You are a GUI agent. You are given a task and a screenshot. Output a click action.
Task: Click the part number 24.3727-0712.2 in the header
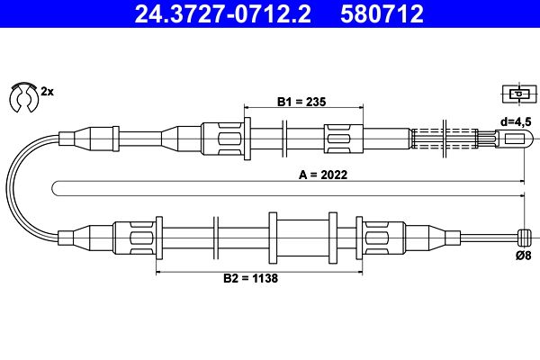click(223, 13)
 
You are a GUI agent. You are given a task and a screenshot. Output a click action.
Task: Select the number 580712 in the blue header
click(382, 13)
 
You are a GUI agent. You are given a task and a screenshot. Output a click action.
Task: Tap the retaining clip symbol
click(23, 97)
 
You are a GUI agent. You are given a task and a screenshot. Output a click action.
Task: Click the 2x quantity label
click(47, 92)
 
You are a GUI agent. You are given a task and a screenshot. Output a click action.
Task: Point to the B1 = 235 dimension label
click(301, 102)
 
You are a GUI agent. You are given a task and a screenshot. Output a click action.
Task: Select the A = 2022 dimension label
click(323, 175)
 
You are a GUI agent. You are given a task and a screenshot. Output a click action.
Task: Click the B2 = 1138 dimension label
click(250, 278)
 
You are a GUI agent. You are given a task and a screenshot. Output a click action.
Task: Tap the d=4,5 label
click(516, 121)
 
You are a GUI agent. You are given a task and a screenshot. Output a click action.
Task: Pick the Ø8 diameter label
click(524, 256)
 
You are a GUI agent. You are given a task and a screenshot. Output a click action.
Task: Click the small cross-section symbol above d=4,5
click(519, 94)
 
